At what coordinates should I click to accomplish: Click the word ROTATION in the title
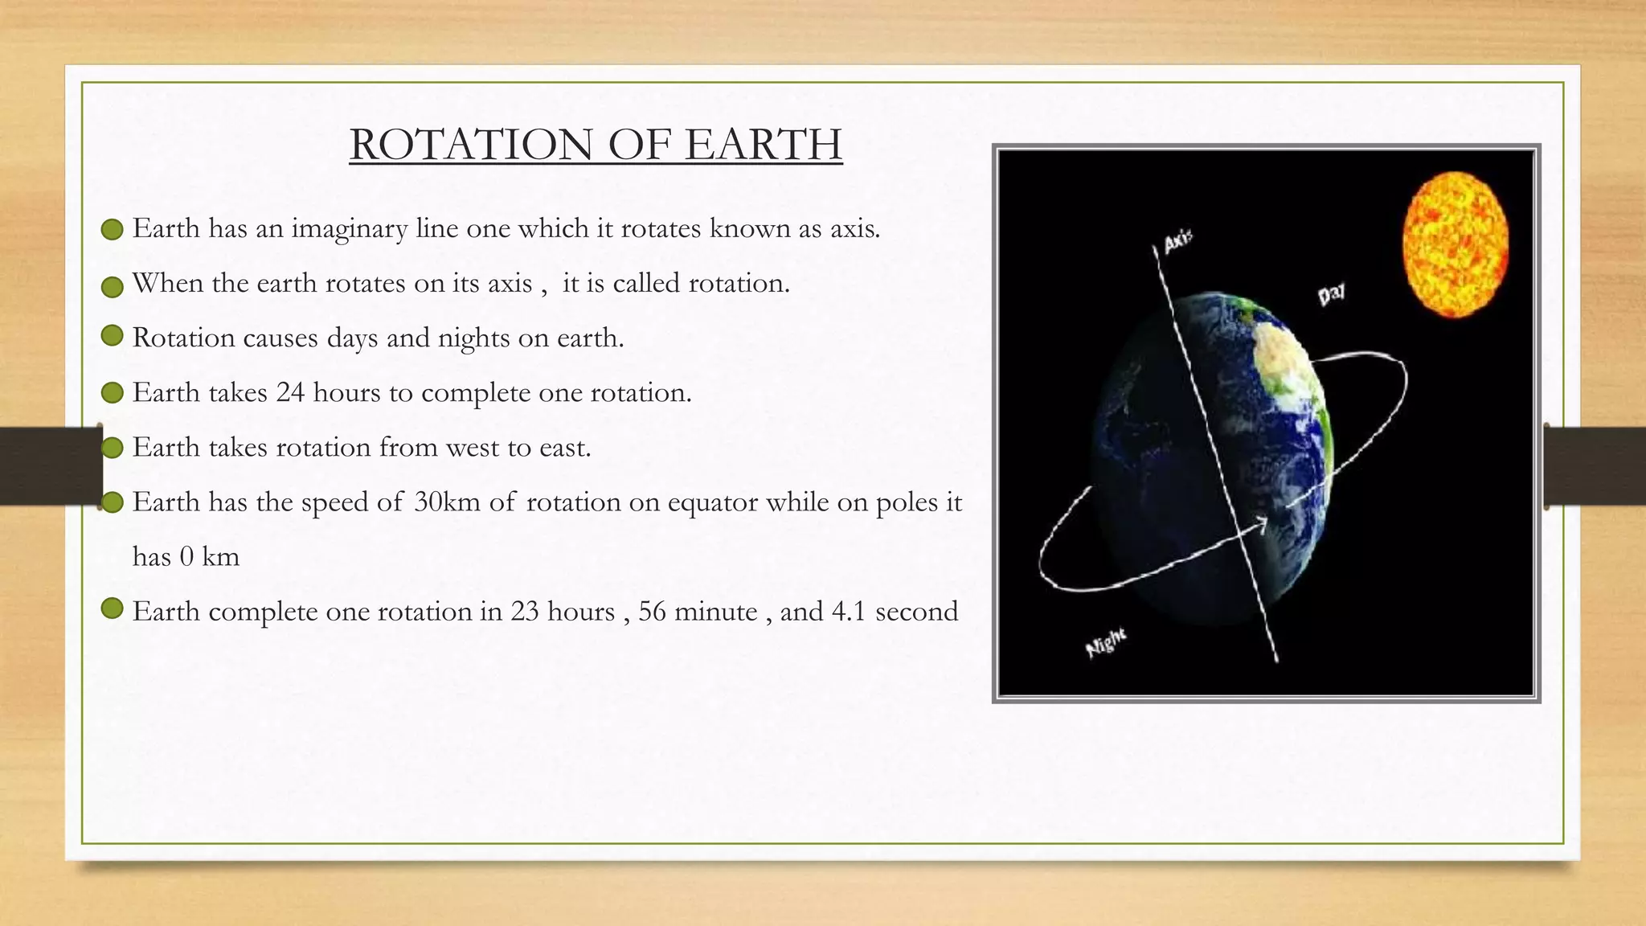pyautogui.click(x=471, y=145)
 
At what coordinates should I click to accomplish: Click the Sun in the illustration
pyautogui.click(x=1455, y=244)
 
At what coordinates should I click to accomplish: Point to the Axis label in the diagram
pyautogui.click(x=1178, y=240)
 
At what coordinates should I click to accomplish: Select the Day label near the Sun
pyautogui.click(x=1331, y=295)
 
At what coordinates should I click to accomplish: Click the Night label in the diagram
pyautogui.click(x=1106, y=644)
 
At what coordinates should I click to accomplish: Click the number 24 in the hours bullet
pyautogui.click(x=290, y=393)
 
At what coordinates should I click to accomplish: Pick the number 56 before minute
pyautogui.click(x=652, y=612)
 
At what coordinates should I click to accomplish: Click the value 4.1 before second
pyautogui.click(x=848, y=612)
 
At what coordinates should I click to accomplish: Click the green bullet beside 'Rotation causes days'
pyautogui.click(x=113, y=336)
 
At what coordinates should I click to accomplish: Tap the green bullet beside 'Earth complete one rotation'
pyautogui.click(x=113, y=609)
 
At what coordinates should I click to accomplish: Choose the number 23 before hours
pyautogui.click(x=524, y=612)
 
